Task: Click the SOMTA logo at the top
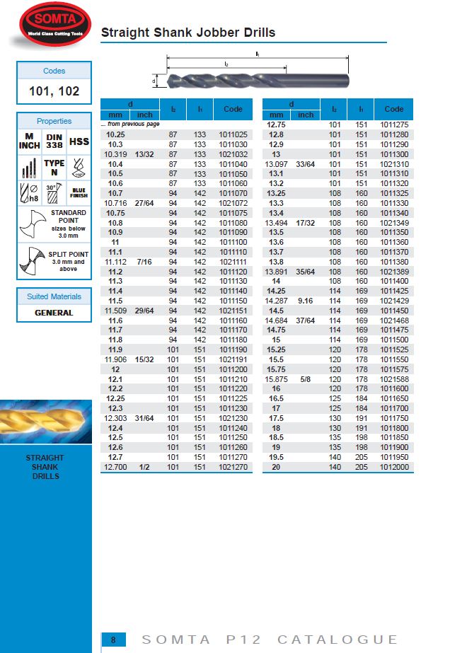(53, 23)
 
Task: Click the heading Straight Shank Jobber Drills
(188, 33)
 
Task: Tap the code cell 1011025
(233, 134)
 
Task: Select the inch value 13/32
(144, 154)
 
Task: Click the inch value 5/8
(306, 378)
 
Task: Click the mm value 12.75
(276, 125)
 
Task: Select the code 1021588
(394, 378)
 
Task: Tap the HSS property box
(79, 141)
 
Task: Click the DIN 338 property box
(54, 141)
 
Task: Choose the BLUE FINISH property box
(79, 192)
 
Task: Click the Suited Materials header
(54, 296)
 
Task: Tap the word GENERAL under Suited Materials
(54, 312)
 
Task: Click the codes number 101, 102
(54, 91)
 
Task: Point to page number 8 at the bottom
(112, 640)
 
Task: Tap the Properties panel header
(54, 121)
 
